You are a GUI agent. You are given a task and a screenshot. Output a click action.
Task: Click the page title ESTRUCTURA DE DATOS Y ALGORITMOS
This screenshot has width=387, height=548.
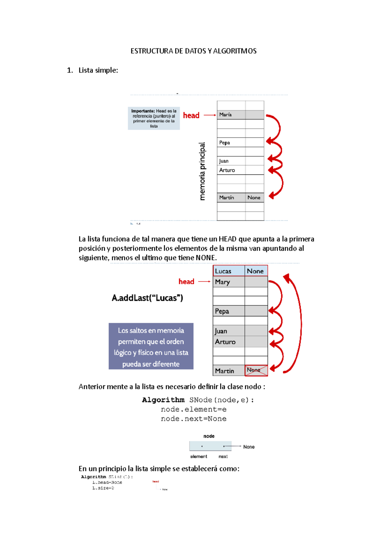[193, 51]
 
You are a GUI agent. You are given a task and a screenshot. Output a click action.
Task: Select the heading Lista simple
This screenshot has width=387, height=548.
[98, 70]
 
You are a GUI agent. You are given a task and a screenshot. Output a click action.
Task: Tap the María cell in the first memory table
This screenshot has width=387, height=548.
[231, 115]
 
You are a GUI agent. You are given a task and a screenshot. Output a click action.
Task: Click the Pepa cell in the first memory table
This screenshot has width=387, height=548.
[231, 143]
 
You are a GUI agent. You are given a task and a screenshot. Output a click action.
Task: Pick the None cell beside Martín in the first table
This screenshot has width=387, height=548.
[254, 198]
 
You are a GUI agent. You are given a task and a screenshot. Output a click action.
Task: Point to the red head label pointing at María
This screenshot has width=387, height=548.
[191, 115]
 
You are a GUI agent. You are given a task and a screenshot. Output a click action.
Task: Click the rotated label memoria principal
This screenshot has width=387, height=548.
[202, 171]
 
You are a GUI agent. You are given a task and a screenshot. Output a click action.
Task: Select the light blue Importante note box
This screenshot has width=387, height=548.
[154, 118]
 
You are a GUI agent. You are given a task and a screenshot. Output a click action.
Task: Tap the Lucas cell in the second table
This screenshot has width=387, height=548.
[228, 271]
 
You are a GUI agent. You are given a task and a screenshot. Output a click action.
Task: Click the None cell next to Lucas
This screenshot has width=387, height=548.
[256, 271]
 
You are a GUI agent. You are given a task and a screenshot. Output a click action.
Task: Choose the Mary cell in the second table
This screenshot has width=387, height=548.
[228, 282]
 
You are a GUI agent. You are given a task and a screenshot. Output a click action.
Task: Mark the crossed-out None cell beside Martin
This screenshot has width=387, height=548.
[256, 370]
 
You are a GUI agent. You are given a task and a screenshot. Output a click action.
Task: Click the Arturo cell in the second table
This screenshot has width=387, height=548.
[228, 342]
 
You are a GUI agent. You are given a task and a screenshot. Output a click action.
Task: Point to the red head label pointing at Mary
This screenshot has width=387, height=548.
[186, 281]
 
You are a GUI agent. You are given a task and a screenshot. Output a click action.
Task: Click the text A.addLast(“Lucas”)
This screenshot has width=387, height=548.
[147, 298]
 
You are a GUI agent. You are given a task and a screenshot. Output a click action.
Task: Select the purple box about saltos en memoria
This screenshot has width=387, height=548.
[151, 346]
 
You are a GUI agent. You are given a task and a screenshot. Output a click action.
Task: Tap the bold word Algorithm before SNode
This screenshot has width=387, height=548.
[163, 400]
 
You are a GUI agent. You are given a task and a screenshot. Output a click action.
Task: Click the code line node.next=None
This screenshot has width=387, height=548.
[193, 419]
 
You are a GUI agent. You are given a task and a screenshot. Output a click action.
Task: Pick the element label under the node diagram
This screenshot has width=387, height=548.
[199, 456]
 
